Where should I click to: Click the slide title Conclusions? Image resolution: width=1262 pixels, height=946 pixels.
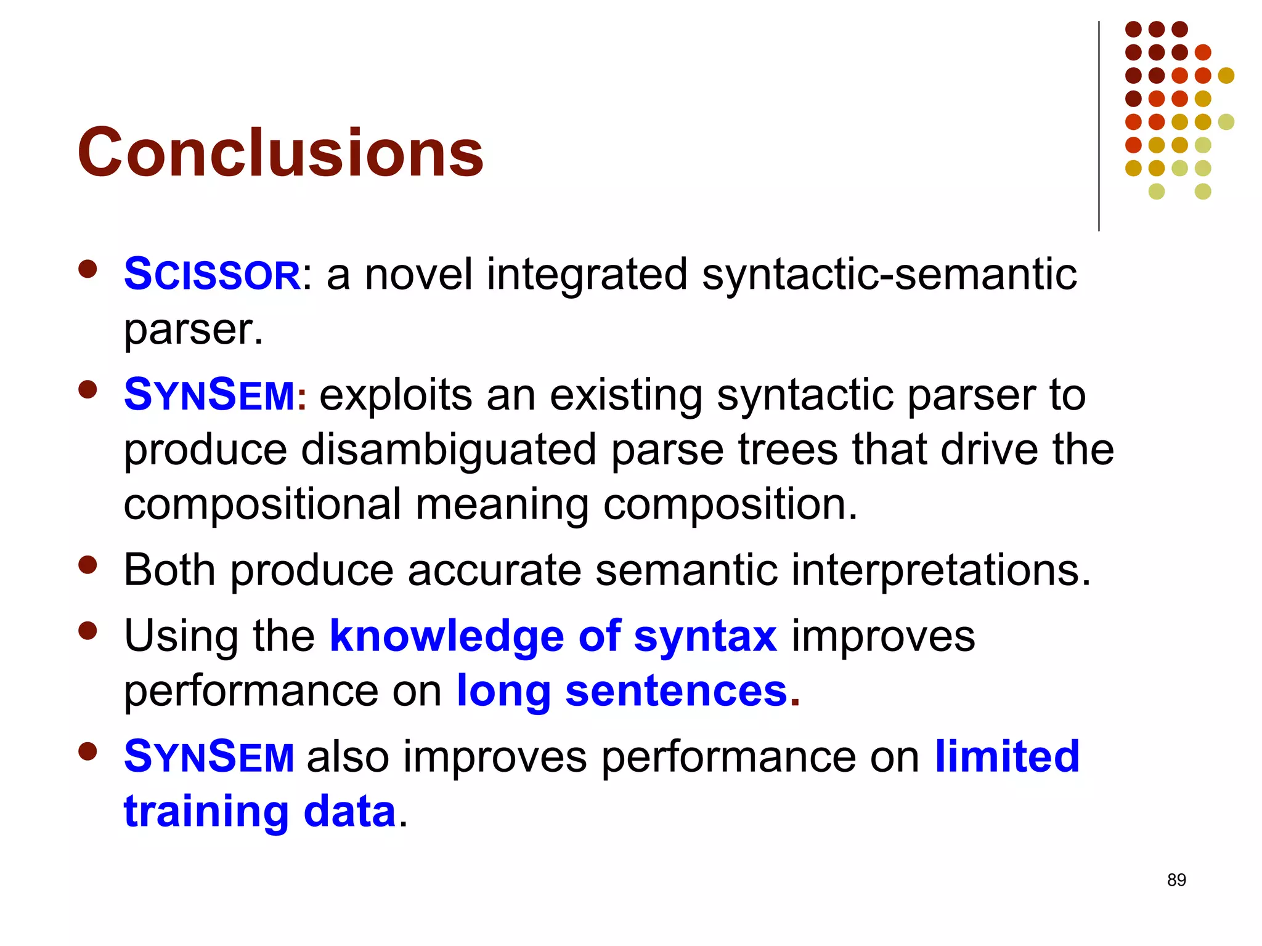point(280,152)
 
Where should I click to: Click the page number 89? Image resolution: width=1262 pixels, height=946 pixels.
point(1176,880)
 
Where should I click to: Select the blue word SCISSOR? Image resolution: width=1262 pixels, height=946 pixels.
point(212,275)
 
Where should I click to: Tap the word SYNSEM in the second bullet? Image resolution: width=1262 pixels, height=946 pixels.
point(210,395)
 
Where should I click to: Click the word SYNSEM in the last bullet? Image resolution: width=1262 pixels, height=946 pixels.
point(210,757)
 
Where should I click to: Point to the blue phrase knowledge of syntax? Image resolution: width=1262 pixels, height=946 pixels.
point(553,636)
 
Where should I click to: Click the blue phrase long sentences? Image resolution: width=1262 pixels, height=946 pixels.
point(621,690)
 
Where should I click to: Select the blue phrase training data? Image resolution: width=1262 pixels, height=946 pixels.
point(259,811)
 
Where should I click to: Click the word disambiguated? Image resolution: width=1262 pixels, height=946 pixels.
point(449,450)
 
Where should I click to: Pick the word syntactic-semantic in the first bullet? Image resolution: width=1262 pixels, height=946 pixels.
point(889,275)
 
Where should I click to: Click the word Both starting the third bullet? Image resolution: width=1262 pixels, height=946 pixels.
point(170,570)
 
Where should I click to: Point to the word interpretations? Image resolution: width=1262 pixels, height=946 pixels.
point(941,570)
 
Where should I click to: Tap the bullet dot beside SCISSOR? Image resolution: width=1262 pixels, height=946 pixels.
point(88,269)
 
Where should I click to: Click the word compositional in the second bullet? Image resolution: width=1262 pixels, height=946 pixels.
point(263,504)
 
